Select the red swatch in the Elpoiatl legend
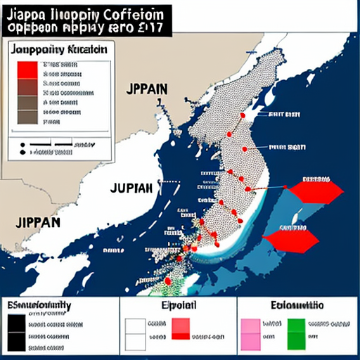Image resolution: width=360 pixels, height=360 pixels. tap(181, 328)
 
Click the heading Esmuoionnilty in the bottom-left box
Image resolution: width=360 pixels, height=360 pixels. tap(39, 305)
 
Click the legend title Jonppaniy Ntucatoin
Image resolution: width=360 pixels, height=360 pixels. tap(60, 50)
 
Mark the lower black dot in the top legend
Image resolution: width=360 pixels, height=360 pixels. tap(22, 152)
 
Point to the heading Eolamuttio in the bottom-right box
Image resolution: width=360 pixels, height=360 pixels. tap(297, 305)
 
